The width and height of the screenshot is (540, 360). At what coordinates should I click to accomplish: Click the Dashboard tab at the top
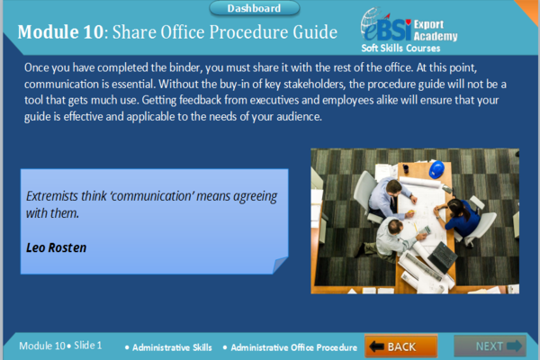pos(253,8)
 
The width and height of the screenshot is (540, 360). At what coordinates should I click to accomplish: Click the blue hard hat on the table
pos(436,168)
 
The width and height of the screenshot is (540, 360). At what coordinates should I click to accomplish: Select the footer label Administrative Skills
pos(172,346)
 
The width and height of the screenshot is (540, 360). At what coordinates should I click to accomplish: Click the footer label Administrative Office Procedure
pos(294,346)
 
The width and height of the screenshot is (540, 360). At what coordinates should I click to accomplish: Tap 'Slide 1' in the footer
pos(87,346)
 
